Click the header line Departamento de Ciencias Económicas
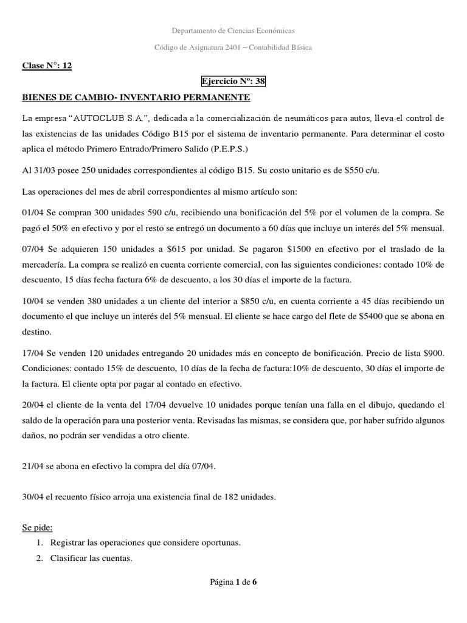233,30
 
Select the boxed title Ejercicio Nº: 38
233,81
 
